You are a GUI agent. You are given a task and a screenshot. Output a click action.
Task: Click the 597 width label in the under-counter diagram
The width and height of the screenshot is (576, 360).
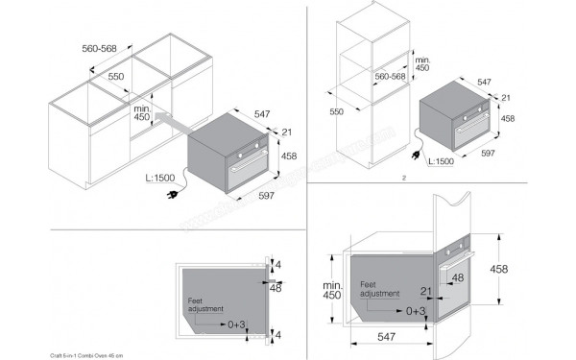[x=266, y=196]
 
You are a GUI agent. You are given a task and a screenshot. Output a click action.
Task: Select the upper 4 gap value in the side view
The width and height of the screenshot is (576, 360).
[x=278, y=266]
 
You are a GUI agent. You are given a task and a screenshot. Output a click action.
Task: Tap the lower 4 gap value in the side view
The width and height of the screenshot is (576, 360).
[x=278, y=334]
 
